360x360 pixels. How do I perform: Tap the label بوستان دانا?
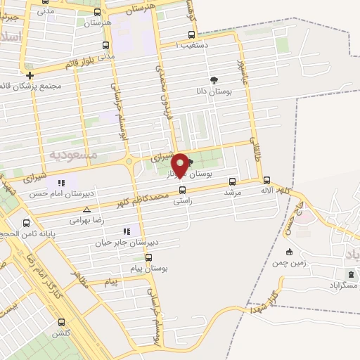[x=214, y=91]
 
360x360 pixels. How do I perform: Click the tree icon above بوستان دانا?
[x=214, y=80]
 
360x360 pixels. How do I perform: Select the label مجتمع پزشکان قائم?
[x=32, y=86]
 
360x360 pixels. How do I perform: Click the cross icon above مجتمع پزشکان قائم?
[x=30, y=75]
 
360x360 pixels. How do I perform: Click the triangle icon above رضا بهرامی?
[x=86, y=210]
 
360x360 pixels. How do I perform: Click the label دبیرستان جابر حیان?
[x=127, y=242]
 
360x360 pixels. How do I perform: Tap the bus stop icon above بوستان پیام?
[x=148, y=257]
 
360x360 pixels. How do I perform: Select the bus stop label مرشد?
[x=232, y=191]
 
